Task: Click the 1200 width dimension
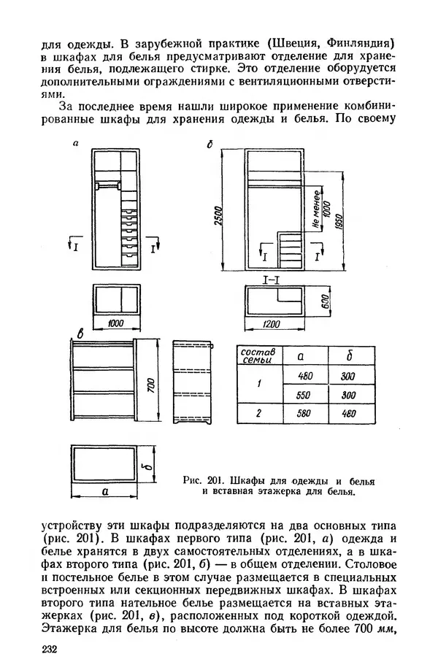coord(274,323)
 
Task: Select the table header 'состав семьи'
coord(258,355)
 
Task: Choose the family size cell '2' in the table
coord(258,414)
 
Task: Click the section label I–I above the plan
coord(274,280)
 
